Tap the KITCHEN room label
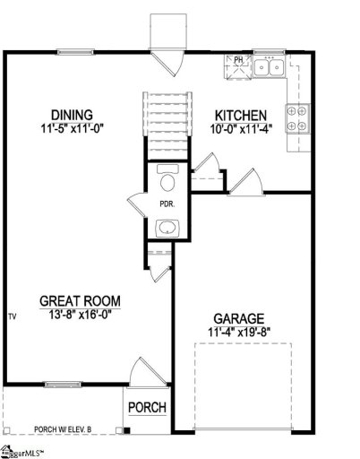(x=241, y=116)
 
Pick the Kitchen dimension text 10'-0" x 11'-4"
(x=239, y=130)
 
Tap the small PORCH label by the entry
(x=148, y=408)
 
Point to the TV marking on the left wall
(x=13, y=316)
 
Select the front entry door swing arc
(x=143, y=371)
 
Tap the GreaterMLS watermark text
(x=25, y=451)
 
